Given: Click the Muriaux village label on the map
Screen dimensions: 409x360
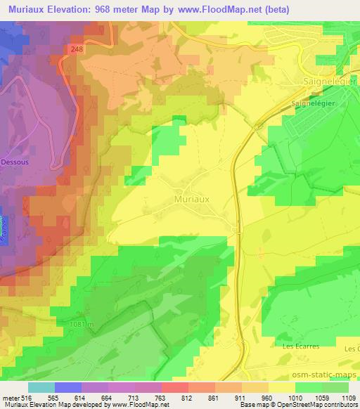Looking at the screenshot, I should [x=191, y=200].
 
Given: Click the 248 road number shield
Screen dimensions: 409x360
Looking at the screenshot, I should [x=77, y=48].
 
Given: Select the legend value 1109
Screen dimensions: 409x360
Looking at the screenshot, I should [x=347, y=398].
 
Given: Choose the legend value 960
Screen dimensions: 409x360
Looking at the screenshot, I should [x=268, y=398].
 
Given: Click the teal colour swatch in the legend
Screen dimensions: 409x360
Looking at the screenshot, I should [x=41, y=387].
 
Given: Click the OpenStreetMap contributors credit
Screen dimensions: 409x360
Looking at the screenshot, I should [x=320, y=405].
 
